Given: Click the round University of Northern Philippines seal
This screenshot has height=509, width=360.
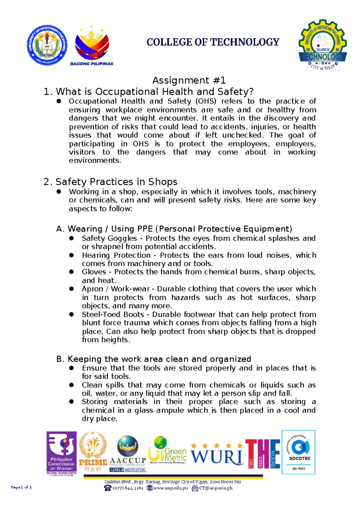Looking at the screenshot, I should [47, 45].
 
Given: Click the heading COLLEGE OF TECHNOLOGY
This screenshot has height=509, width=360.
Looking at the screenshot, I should [213, 42].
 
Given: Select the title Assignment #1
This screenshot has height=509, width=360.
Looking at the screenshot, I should [189, 80].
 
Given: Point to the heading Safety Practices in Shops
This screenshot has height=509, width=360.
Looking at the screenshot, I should [116, 182].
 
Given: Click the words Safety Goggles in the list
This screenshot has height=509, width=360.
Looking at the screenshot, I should [109, 238].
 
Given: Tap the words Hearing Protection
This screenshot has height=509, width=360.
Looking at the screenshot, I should [116, 255].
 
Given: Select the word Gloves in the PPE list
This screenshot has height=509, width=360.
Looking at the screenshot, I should [94, 272].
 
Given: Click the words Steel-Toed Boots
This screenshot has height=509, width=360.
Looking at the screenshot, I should [113, 315].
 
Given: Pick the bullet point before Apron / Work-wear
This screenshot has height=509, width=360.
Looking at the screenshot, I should [71, 289].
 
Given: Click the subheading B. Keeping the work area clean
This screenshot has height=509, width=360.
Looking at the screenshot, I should [154, 359].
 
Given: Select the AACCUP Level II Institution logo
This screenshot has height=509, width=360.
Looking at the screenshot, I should [127, 453].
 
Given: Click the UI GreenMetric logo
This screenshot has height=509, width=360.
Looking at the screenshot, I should [167, 450].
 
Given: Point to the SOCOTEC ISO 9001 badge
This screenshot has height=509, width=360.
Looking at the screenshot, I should [298, 452].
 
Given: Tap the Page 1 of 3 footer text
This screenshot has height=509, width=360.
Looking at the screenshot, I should [21, 487].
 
